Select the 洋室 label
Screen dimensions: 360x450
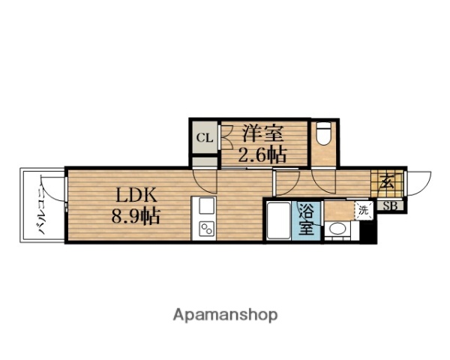[262, 134]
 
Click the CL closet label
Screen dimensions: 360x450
[203, 138]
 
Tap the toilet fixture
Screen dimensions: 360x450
[323, 135]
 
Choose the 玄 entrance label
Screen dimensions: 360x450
[386, 181]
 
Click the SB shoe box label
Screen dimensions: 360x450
[390, 205]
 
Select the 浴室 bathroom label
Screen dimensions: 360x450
[306, 219]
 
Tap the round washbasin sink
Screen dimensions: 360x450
[338, 231]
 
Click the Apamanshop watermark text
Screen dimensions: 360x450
[226, 314]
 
